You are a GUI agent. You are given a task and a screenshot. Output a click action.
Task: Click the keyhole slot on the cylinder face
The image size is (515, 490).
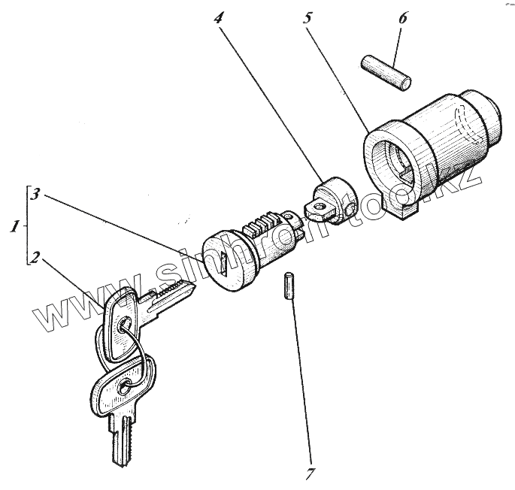[x=225, y=262]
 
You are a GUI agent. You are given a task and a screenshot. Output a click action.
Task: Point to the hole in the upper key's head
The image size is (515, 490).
[x=124, y=325]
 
